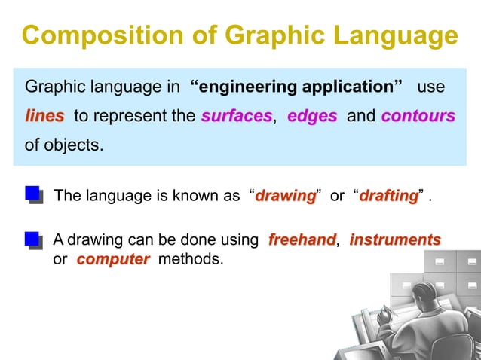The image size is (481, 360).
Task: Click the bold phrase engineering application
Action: click(x=296, y=87)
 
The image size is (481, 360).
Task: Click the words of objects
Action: click(x=63, y=145)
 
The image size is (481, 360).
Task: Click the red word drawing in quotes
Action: click(x=285, y=197)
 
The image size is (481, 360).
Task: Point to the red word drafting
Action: click(x=388, y=197)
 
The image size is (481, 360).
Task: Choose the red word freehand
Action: click(x=302, y=240)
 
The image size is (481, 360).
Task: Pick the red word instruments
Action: click(x=395, y=240)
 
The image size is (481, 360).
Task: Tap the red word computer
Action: click(x=113, y=259)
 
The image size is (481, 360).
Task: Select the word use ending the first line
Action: click(x=430, y=87)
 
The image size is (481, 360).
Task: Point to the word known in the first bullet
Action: click(x=182, y=197)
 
